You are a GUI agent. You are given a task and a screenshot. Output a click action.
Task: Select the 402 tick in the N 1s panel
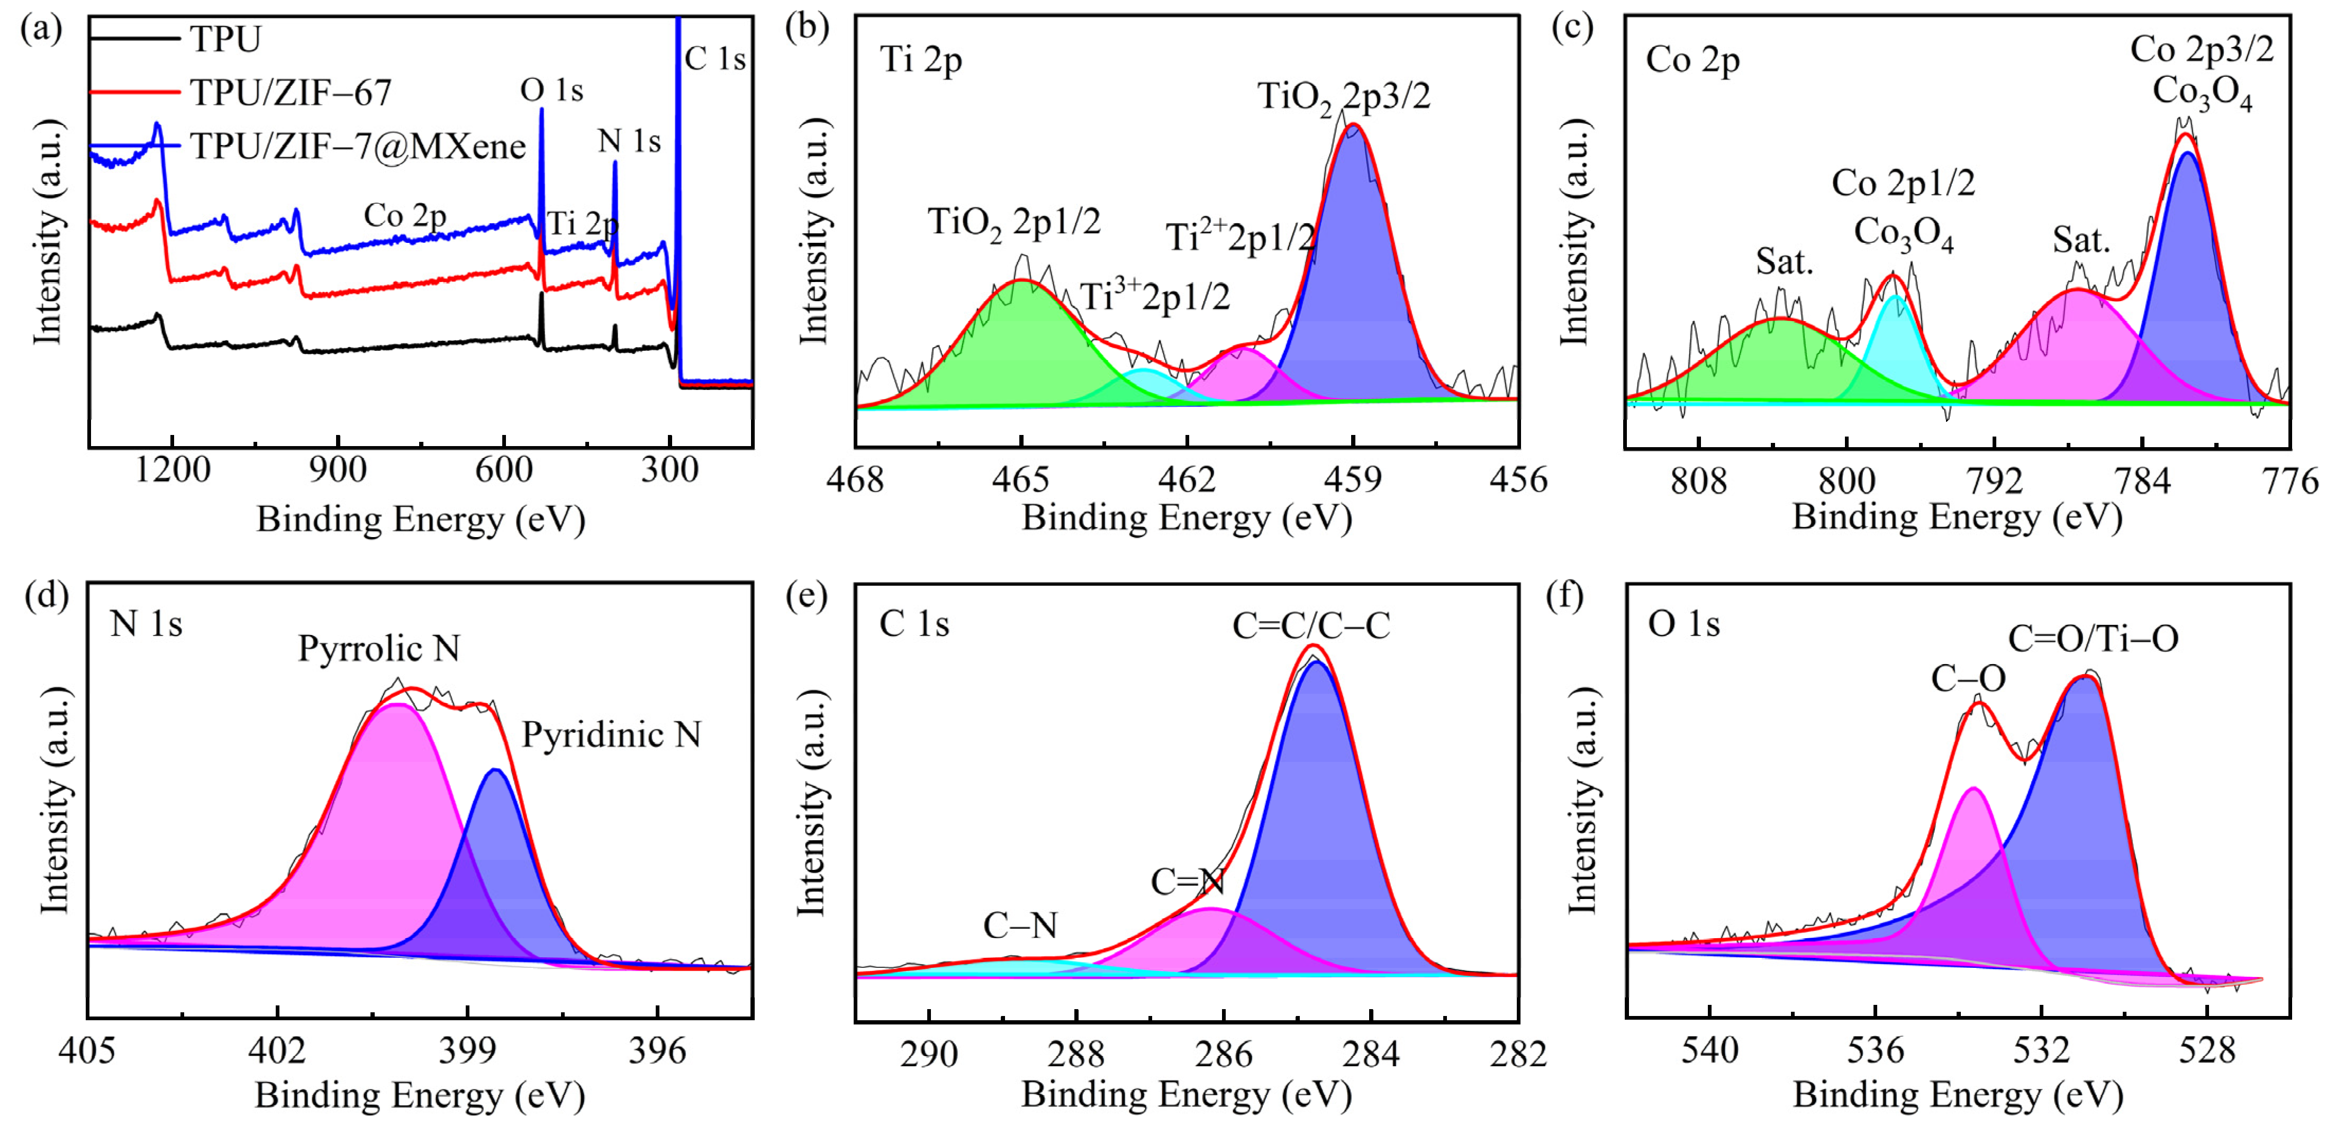pos(277,1050)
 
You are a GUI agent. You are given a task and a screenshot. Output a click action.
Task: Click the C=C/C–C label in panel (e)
pos(1311,625)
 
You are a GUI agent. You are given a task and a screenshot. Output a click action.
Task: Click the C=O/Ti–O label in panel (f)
pos(2093,638)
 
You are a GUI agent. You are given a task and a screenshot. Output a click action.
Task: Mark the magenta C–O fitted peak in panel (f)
pos(1973,867)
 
